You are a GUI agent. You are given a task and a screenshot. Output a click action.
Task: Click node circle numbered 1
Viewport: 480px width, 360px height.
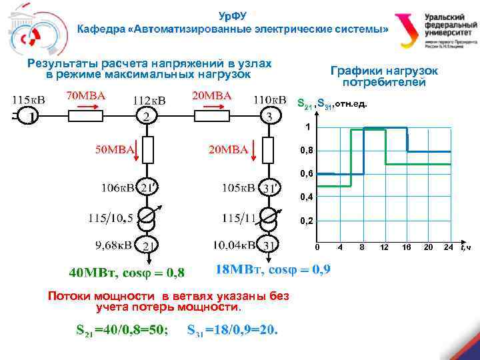tap(28, 117)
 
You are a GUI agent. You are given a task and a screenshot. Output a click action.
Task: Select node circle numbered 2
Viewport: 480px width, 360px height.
tap(147, 117)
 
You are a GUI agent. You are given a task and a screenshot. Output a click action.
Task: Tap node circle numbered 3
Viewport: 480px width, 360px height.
tap(268, 117)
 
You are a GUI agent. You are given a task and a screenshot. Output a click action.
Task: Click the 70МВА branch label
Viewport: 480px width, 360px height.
tap(85, 95)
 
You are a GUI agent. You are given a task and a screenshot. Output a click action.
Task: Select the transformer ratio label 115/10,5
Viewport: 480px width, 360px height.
tap(112, 217)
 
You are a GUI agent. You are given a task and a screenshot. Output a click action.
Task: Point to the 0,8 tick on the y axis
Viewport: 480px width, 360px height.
tap(306, 151)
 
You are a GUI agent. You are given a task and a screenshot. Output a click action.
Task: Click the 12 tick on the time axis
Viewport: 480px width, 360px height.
tap(384, 247)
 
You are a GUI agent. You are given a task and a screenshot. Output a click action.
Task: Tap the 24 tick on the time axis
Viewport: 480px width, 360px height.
tap(448, 247)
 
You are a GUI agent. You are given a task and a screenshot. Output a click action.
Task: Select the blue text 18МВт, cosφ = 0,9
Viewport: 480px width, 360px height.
tap(273, 270)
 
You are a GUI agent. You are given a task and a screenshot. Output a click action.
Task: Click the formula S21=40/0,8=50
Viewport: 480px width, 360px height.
tap(121, 330)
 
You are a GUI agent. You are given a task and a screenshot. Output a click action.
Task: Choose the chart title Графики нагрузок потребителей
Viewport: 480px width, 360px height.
tap(383, 76)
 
